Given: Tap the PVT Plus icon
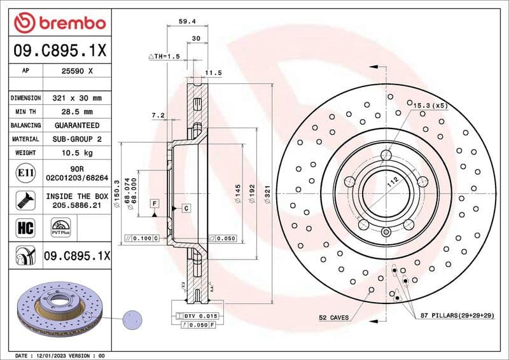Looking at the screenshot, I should click(x=61, y=226).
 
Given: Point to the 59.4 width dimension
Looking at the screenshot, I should click(x=186, y=21).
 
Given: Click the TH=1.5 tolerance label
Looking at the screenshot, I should click(x=166, y=57).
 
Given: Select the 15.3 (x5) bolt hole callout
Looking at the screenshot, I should click(x=430, y=105).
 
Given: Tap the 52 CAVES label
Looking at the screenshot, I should click(x=334, y=316).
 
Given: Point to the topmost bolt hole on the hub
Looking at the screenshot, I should click(x=386, y=155).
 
